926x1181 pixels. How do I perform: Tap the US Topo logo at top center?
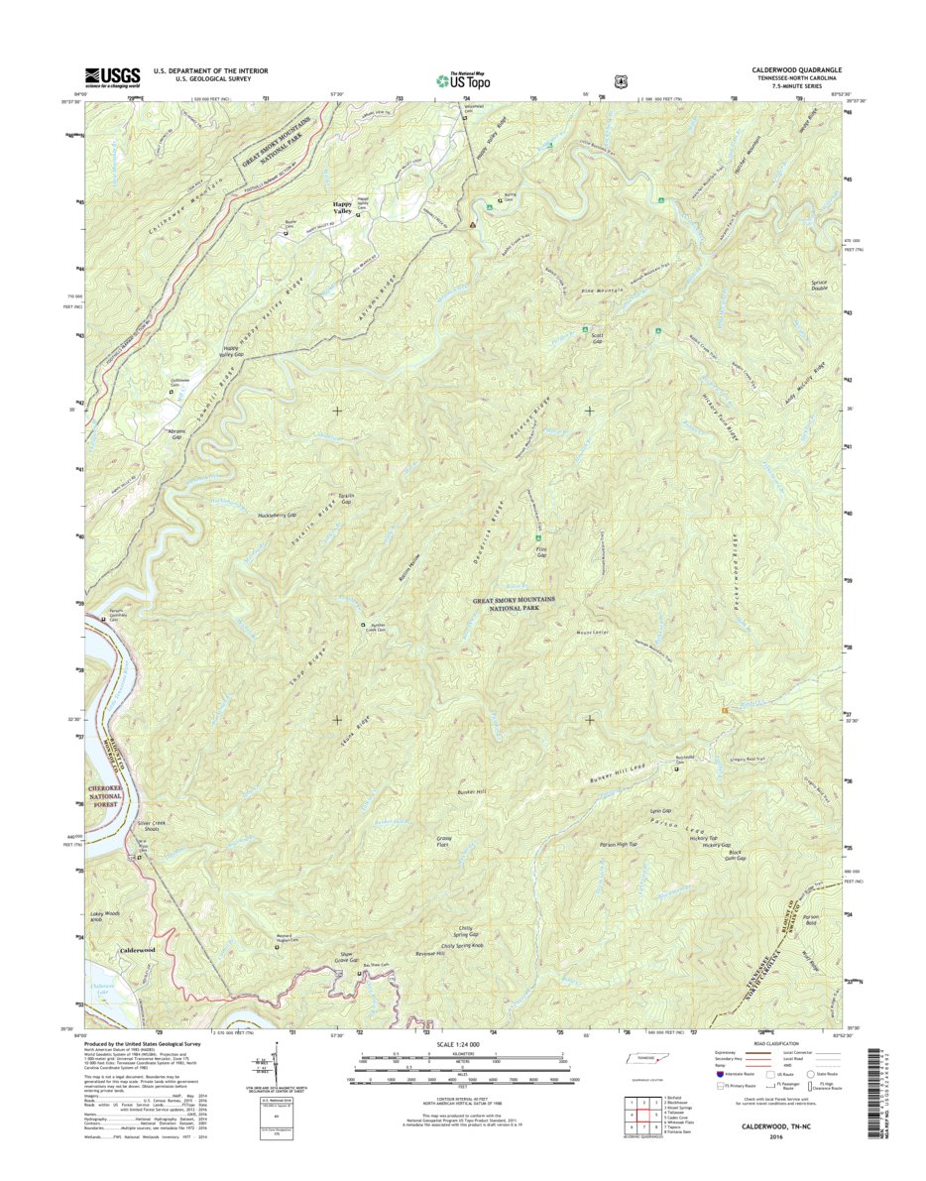pos(463,79)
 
